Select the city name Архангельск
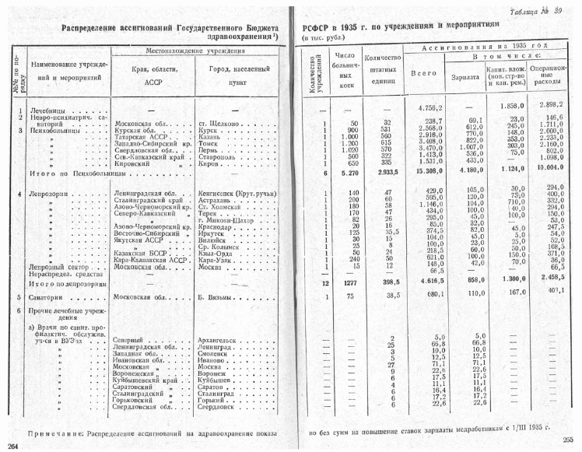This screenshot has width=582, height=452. click(x=223, y=341)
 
